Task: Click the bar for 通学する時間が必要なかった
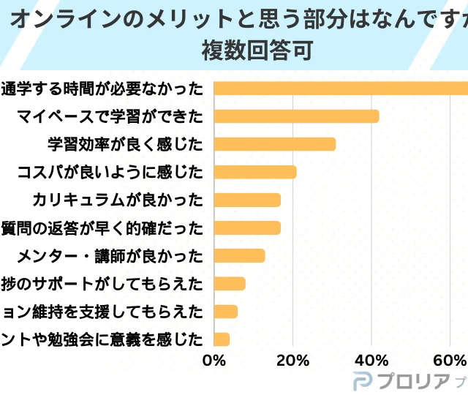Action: (x=341, y=89)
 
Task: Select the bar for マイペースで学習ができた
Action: (x=296, y=116)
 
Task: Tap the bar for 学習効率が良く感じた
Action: (x=274, y=144)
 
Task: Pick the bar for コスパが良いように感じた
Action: (x=255, y=172)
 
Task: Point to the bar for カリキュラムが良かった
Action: (x=247, y=200)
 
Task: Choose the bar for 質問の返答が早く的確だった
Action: (x=247, y=227)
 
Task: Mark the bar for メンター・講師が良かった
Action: (x=239, y=255)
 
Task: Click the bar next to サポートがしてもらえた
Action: (x=230, y=283)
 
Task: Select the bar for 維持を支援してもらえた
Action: (x=225, y=311)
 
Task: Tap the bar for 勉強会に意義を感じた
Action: (x=222, y=339)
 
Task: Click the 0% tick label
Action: (x=214, y=361)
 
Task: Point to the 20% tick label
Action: (x=292, y=361)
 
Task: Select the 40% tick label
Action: (x=371, y=361)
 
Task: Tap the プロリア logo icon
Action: (x=364, y=381)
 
